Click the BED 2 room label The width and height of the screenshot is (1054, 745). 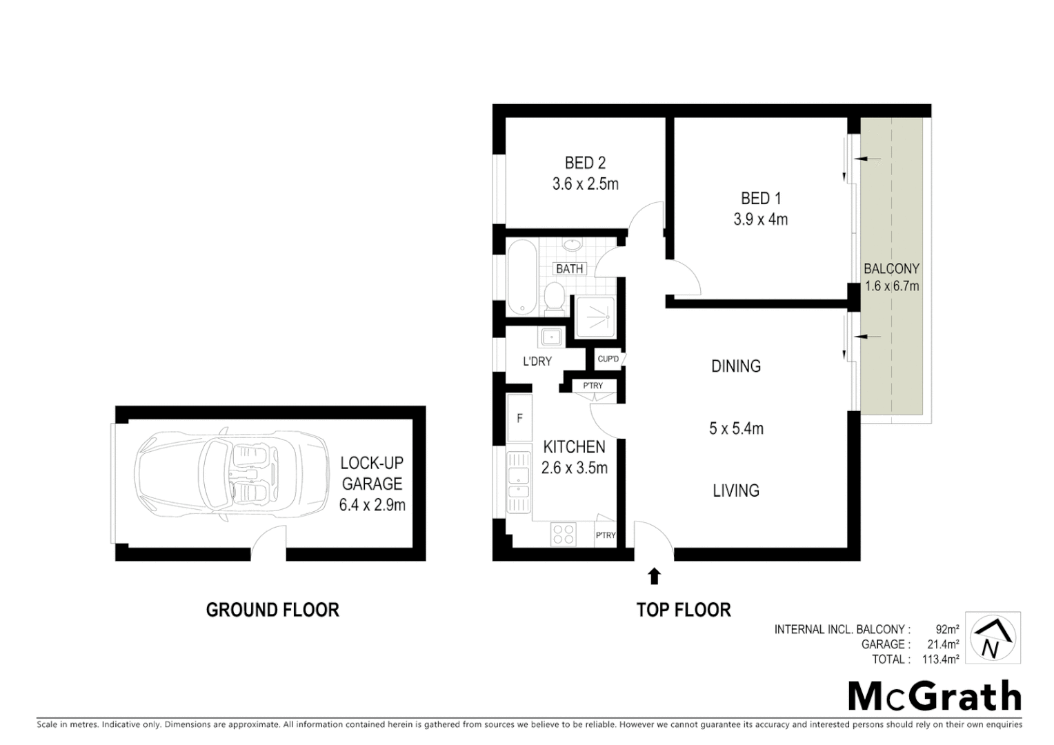coord(585,163)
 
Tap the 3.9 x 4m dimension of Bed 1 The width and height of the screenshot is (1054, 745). coord(760,219)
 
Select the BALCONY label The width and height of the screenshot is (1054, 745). coord(891,268)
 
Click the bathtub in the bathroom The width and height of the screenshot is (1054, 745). coord(522,277)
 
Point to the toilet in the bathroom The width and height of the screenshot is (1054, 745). coord(553,297)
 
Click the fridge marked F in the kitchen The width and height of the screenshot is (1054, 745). coord(519,418)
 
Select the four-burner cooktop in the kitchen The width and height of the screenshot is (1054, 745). coord(564,534)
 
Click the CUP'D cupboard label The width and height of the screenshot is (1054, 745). coord(608,359)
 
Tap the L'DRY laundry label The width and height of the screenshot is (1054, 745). coord(537,361)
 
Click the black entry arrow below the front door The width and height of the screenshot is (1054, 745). coord(654,575)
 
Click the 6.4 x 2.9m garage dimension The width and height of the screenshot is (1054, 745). coord(372,505)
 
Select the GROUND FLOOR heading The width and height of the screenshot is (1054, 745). coord(272,610)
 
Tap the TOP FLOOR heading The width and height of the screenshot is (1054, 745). coord(683,610)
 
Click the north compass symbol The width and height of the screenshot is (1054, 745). coord(992,638)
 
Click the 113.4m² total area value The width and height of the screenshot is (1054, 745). coord(940,659)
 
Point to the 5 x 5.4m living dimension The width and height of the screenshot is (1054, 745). coord(736,428)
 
